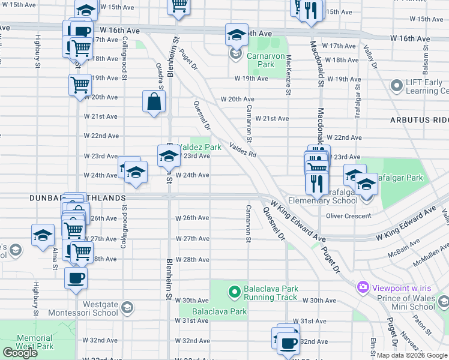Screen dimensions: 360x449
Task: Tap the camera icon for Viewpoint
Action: point(363,287)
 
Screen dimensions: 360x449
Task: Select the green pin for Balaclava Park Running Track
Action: point(235,292)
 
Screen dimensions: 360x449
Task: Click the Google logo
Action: point(20,353)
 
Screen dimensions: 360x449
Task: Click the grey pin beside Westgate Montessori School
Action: point(126,308)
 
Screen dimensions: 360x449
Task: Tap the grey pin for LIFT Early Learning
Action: point(396,86)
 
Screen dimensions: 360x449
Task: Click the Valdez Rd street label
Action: point(243,150)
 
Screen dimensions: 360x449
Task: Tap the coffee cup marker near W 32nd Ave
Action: point(288,343)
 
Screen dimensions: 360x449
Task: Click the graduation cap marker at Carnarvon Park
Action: point(237,34)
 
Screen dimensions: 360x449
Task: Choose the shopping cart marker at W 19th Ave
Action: point(80,85)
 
